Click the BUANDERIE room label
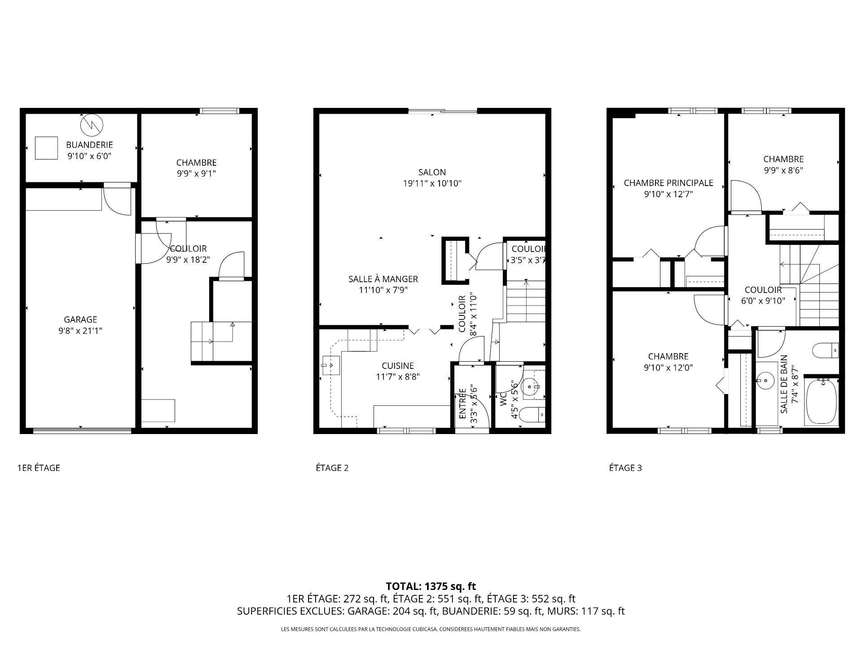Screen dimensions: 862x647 pyautogui.click(x=89, y=145)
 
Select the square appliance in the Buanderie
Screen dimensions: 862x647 pyautogui.click(x=47, y=148)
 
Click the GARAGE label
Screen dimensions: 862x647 pyautogui.click(x=80, y=319)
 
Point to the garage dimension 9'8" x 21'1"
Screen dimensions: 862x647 pyautogui.click(x=80, y=331)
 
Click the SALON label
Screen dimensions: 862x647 pyautogui.click(x=432, y=172)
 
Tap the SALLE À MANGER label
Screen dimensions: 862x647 pyautogui.click(x=383, y=279)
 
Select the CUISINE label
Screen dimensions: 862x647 pyautogui.click(x=398, y=366)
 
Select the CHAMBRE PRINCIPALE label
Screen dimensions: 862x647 pyautogui.click(x=668, y=183)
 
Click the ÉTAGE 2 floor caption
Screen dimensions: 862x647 pyautogui.click(x=332, y=468)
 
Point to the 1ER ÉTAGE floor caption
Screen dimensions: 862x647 pyautogui.click(x=39, y=468)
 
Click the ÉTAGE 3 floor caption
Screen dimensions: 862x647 pyautogui.click(x=625, y=468)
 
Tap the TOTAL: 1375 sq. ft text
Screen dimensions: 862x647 pyautogui.click(x=431, y=586)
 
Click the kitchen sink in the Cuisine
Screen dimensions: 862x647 pyautogui.click(x=331, y=365)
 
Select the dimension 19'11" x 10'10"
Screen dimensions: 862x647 pyautogui.click(x=432, y=183)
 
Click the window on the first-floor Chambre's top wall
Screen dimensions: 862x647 pyautogui.click(x=220, y=111)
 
